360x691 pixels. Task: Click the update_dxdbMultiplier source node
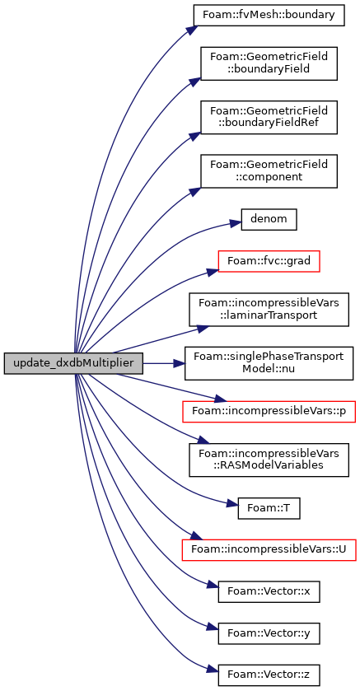[x=73, y=363]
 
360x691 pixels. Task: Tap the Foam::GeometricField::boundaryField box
[x=269, y=63]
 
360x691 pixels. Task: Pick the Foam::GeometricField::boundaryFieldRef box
[x=269, y=117]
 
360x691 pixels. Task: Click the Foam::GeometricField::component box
[x=269, y=171]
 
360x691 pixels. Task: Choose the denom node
[x=269, y=219]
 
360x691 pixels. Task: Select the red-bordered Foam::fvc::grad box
[x=269, y=261]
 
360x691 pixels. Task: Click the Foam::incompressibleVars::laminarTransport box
[x=269, y=310]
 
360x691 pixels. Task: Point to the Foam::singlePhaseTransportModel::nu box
[x=269, y=363]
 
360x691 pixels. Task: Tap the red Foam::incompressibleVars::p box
[x=269, y=412]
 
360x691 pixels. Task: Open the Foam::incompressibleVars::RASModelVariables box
[x=269, y=460]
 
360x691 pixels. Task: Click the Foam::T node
[x=269, y=508]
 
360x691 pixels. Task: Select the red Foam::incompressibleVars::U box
[x=269, y=550]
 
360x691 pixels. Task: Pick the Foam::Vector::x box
[x=269, y=592]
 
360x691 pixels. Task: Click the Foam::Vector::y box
[x=269, y=633]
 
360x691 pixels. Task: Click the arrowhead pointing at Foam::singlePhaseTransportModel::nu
[x=179, y=363]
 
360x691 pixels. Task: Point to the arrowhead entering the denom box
[x=236, y=223]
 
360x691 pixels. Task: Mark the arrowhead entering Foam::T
[x=232, y=504]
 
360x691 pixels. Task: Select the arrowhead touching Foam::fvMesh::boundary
[x=189, y=29]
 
